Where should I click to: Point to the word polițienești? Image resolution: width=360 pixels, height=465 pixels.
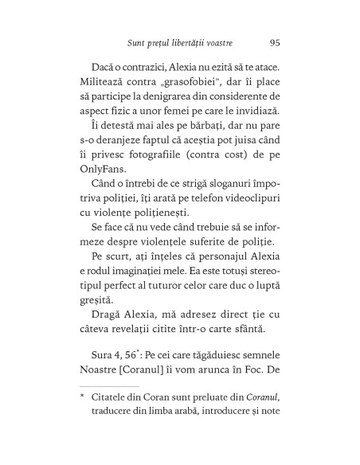(167, 229)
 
